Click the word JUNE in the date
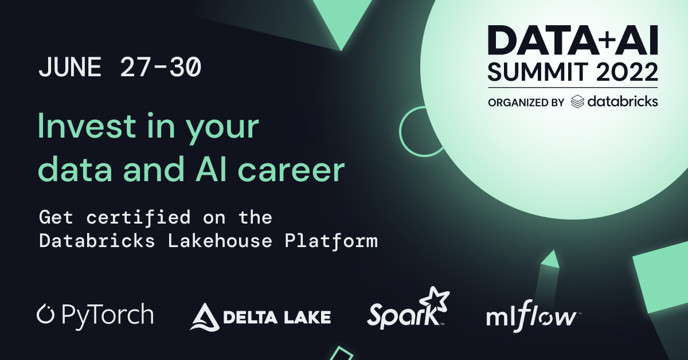point(70,67)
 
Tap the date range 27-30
point(161,67)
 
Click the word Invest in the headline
point(87,126)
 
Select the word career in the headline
point(291,170)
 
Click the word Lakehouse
point(220,241)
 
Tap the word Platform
point(331,241)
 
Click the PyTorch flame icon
point(45,314)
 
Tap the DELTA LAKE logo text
point(277,317)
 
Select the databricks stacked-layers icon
point(577,101)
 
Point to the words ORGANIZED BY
point(526,102)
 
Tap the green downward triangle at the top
point(341,18)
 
